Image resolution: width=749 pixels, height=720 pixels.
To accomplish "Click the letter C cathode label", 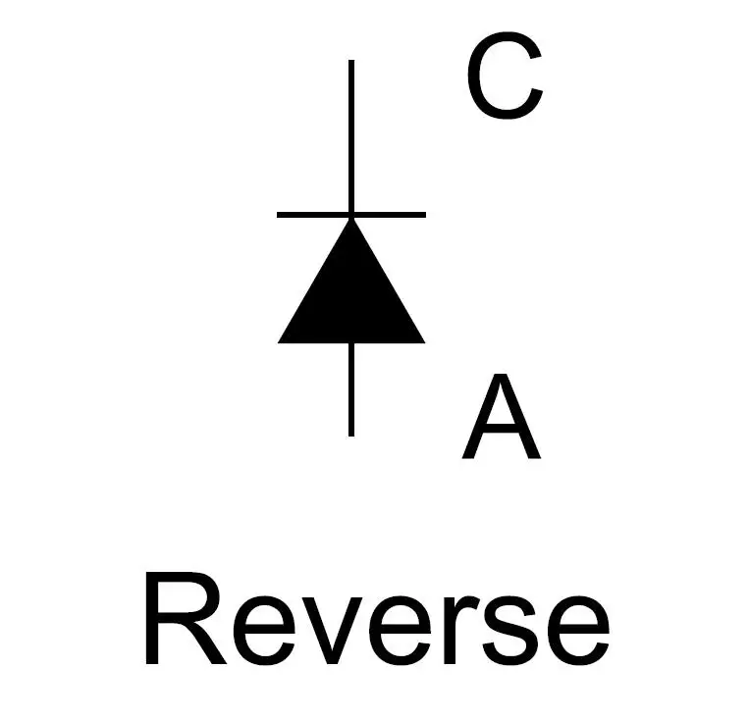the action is tap(505, 76).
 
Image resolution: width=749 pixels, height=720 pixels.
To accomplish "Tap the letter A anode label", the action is tap(502, 416).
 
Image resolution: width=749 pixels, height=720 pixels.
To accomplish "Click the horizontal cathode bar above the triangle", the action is tap(351, 215).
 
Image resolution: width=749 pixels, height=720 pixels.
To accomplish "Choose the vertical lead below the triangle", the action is tap(351, 390).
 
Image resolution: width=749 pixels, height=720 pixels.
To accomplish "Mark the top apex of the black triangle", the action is tap(351, 219).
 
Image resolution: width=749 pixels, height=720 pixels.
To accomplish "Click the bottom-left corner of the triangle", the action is tap(278, 342).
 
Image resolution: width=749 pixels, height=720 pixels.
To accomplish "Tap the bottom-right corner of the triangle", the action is tap(425, 342).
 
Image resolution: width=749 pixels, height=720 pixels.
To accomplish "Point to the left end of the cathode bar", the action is tap(278, 215).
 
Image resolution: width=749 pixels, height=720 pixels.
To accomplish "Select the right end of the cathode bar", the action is tap(426, 215).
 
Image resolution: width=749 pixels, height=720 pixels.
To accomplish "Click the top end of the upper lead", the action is tap(351, 60).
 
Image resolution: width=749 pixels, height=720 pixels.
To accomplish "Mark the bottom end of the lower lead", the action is tap(351, 436).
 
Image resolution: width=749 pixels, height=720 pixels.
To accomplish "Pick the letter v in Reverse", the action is tap(333, 631).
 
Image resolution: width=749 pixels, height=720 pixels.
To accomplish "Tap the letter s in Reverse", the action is tap(509, 631).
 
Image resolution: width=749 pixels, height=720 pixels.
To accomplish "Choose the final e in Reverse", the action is tap(577, 631).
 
